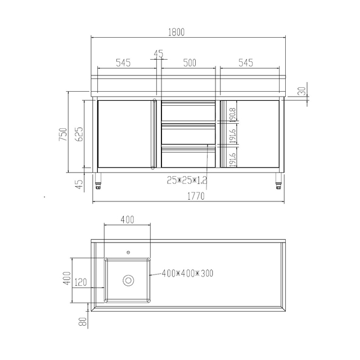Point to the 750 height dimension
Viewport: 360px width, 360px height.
click(x=64, y=134)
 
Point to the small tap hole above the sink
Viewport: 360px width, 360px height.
click(x=128, y=251)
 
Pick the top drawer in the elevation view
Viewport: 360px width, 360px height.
click(x=188, y=111)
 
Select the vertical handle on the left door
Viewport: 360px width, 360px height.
click(x=154, y=134)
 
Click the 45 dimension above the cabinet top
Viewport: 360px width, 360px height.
click(x=158, y=54)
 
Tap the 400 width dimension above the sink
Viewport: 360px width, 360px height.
click(x=128, y=220)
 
